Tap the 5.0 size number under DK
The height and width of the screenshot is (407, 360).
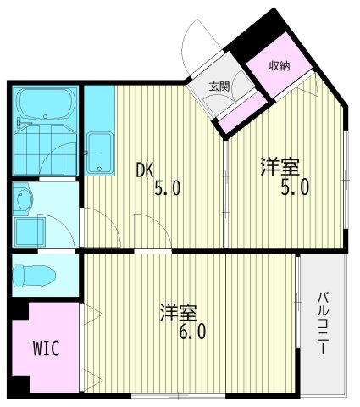click(x=166, y=189)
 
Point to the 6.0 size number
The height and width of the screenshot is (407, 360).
click(x=192, y=332)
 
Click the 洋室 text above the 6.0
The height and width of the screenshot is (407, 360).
click(x=174, y=312)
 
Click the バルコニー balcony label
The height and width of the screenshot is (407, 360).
click(x=324, y=325)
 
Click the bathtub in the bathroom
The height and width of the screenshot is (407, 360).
click(x=46, y=103)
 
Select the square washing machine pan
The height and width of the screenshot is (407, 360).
click(x=30, y=230)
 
